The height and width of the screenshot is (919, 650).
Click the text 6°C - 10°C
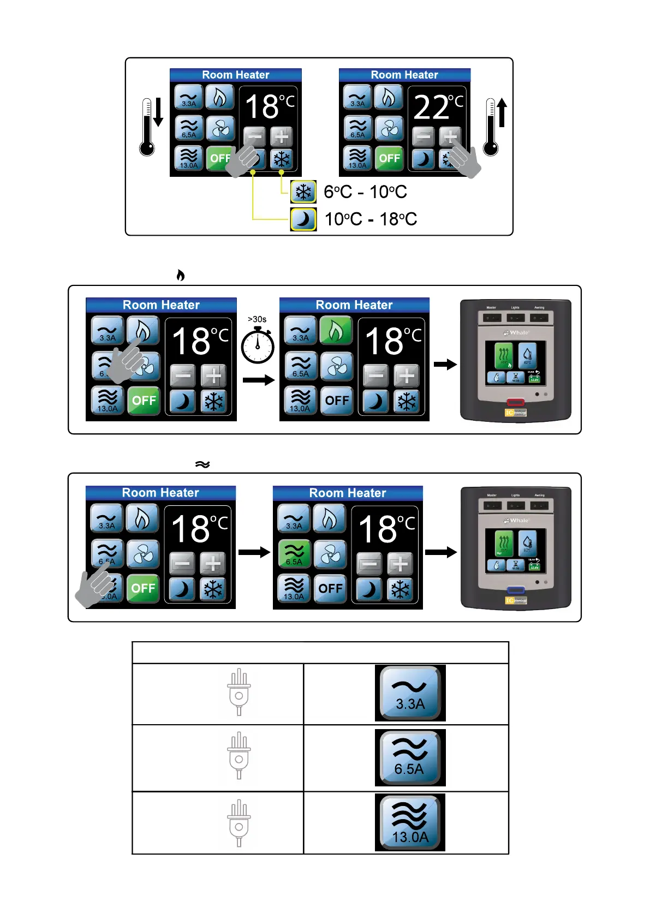click(x=365, y=192)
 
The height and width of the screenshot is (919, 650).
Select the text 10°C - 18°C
click(x=371, y=219)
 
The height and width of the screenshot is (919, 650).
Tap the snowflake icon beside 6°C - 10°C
click(x=303, y=192)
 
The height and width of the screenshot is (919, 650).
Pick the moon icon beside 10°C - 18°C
click(x=303, y=219)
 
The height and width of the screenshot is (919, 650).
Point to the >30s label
click(x=257, y=319)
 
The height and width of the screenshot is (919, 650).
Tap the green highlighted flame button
click(x=336, y=331)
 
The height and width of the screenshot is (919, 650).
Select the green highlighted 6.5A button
click(x=294, y=554)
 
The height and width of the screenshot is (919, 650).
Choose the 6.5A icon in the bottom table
click(x=410, y=757)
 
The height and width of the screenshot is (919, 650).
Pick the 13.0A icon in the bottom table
click(x=410, y=822)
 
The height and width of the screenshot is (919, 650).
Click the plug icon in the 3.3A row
click(x=239, y=692)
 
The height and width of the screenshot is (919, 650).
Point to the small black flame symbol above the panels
click(x=181, y=275)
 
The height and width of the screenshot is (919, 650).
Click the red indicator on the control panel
click(x=515, y=403)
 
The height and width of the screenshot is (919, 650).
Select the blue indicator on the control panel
click(x=516, y=590)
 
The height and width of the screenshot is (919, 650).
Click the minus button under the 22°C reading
click(x=423, y=136)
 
